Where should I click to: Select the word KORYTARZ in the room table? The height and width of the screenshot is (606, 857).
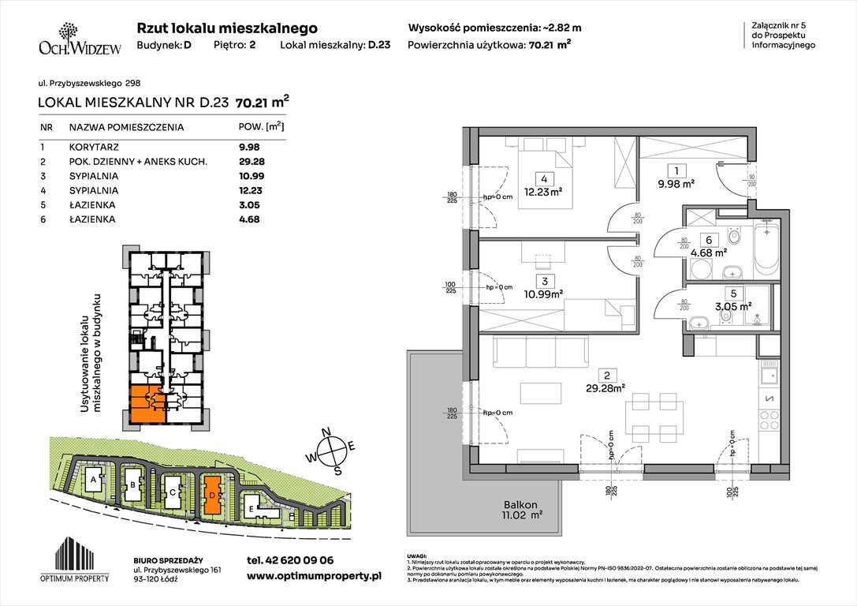coord(91,146)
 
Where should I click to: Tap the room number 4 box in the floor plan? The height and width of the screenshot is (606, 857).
coord(544,178)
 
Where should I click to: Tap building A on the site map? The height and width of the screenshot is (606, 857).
coord(93,480)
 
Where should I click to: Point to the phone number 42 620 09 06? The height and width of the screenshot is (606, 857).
coord(289,560)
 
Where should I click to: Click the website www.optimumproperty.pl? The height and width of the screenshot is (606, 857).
coord(314,577)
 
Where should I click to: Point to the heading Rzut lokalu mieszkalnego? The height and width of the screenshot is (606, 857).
coord(227,28)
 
